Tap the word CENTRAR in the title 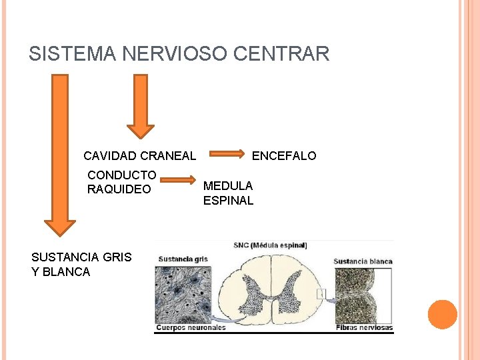(291, 53)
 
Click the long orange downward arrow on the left (60, 153)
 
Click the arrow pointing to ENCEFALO (226, 155)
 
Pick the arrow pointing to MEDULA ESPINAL (179, 180)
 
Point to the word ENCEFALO (284, 156)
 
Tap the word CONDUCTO (122, 175)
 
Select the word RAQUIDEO (119, 189)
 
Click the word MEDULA (228, 186)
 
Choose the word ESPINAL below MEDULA (228, 201)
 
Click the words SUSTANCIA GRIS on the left (81, 257)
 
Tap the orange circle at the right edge (442, 315)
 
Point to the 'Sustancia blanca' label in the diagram (363, 261)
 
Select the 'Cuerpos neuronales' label (191, 327)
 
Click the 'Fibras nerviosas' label (363, 327)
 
